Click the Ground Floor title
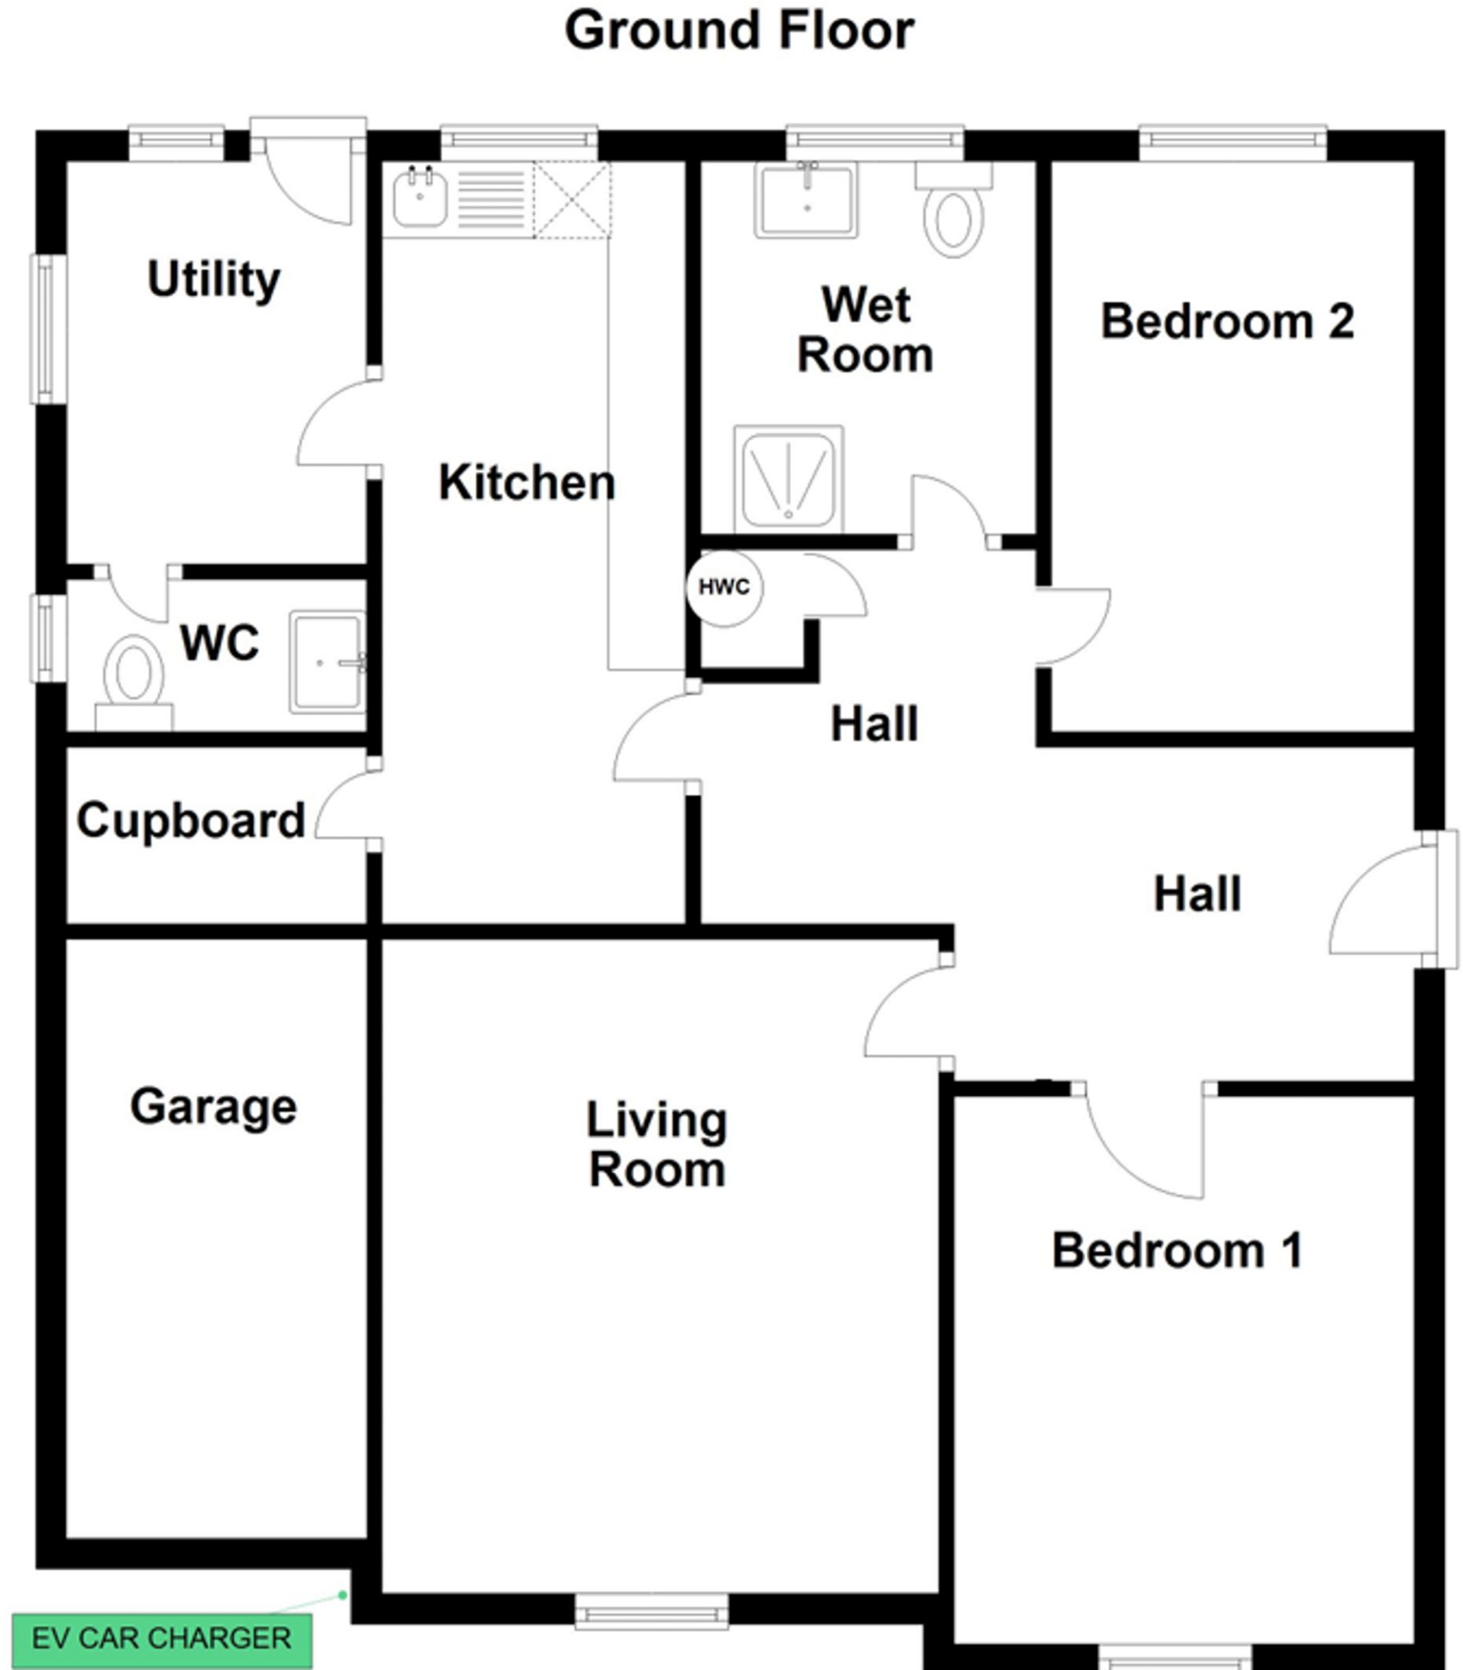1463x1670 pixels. coord(739,31)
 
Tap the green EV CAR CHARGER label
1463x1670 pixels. coord(161,1637)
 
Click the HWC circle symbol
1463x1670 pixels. coord(723,587)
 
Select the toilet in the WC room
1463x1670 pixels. coord(134,683)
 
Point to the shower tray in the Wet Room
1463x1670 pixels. coord(789,479)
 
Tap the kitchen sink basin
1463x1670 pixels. coord(420,199)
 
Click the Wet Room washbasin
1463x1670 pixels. coord(807,200)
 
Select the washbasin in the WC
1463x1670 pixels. coord(326,663)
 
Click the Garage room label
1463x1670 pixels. coord(214,1107)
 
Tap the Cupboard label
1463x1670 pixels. coord(191,820)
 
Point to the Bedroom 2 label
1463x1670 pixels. coord(1227,320)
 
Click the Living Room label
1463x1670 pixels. coord(657,1144)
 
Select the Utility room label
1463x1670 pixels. coord(214,279)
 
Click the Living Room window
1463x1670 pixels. coord(652,1612)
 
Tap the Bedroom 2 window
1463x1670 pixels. coord(1233,142)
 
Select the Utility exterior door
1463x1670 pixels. coord(308,175)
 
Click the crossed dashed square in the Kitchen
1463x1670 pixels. coord(572,200)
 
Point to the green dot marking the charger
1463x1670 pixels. coord(343,1595)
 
